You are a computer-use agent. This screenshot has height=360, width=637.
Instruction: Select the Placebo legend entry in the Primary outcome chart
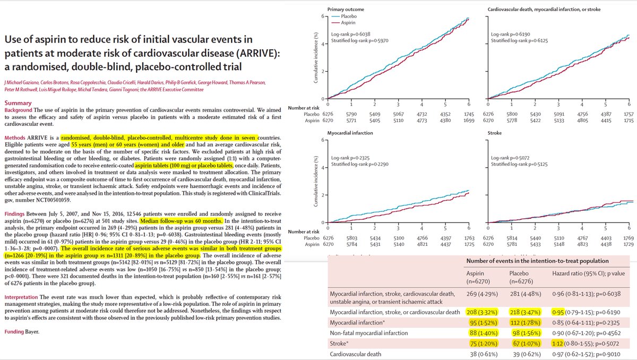pos(349,16)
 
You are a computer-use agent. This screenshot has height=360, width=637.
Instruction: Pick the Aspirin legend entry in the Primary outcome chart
pos(349,23)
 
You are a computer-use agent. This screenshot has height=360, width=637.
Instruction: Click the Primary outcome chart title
pos(347,9)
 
